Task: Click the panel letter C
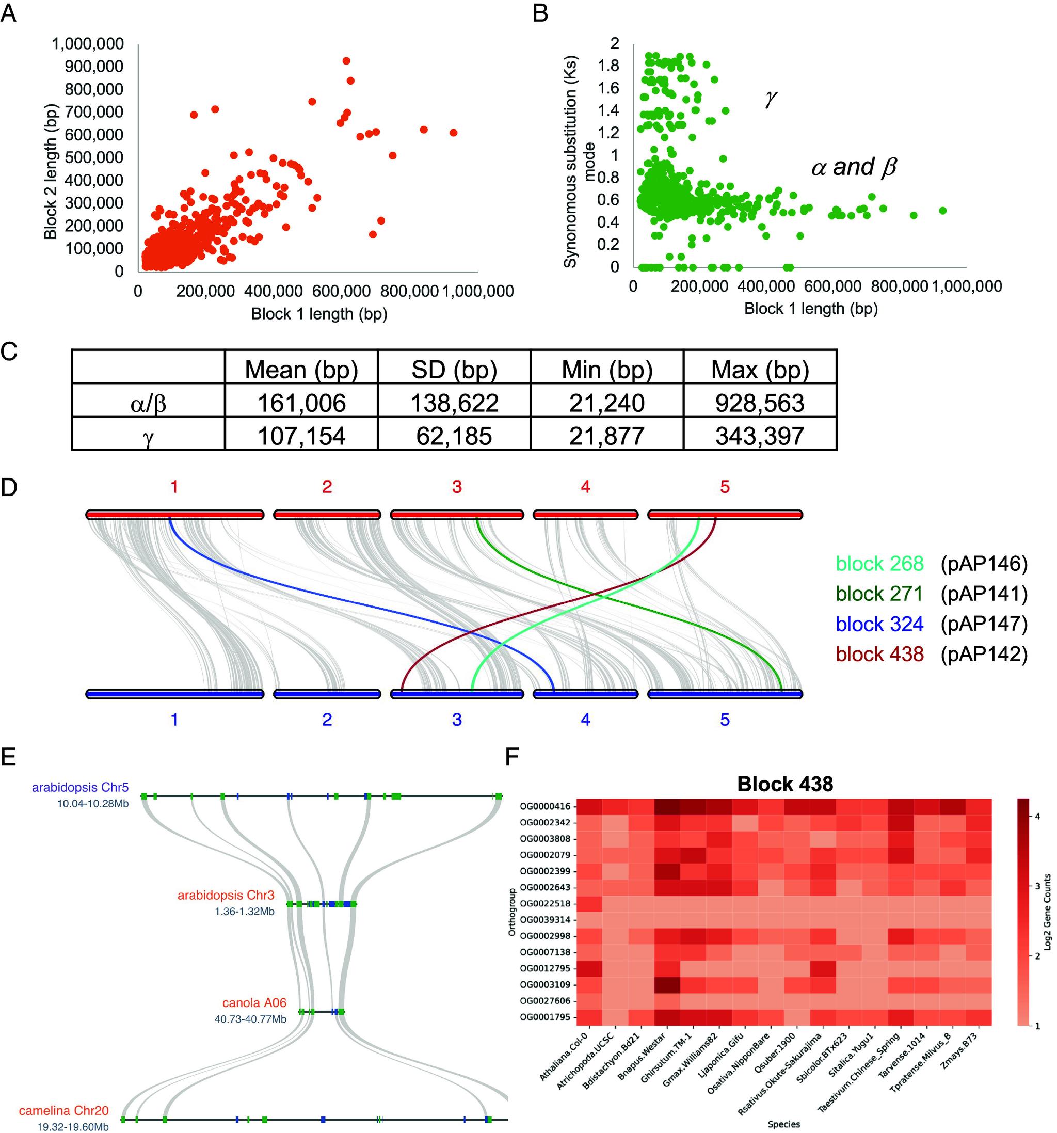pos(9,352)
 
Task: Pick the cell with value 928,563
pos(760,403)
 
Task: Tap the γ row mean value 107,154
pos(301,436)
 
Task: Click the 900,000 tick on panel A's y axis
pos(94,67)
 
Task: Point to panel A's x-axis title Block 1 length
pos(319,313)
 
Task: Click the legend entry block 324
pos(879,624)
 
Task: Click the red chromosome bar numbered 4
pos(585,515)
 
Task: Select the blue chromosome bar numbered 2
pos(327,694)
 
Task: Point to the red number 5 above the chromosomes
pos(724,487)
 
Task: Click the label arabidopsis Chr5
pos(81,787)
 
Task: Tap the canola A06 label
pos(254,1002)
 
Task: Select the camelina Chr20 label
pos(63,1110)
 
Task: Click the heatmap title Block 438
pos(784,784)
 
